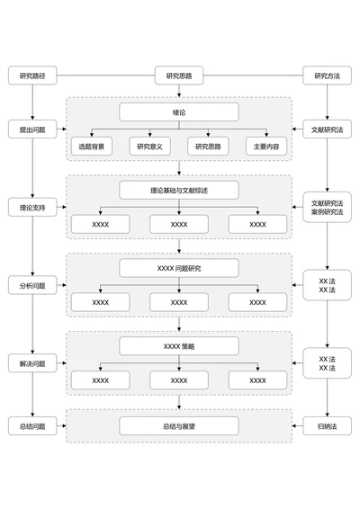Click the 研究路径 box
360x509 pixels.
[x=32, y=76]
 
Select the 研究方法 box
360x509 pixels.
[x=326, y=76]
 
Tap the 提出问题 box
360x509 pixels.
[x=32, y=130]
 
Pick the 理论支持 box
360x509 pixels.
[x=32, y=208]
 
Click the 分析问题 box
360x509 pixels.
[x=32, y=286]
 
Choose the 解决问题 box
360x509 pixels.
[x=32, y=364]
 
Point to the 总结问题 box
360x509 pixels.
[x=32, y=425]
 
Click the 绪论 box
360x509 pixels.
[x=179, y=112]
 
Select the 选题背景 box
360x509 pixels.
[x=91, y=146]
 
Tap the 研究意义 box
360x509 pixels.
[x=149, y=146]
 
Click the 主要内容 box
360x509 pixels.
[x=266, y=146]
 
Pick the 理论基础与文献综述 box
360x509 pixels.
[x=179, y=190]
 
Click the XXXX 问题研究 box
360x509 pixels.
[x=179, y=268]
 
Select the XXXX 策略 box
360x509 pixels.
[x=179, y=346]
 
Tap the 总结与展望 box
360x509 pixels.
[x=179, y=425]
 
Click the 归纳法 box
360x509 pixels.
[x=326, y=425]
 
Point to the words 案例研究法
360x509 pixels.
[x=326, y=212]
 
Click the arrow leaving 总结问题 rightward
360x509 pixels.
[x=60, y=425]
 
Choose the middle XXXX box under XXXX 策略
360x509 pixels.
[x=179, y=380]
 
